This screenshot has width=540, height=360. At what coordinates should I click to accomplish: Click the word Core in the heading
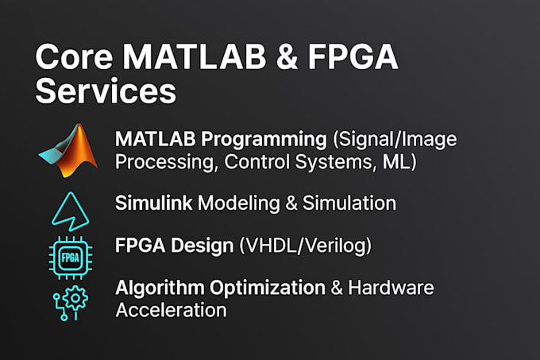[70, 57]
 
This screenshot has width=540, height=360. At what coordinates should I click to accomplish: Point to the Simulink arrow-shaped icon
[68, 210]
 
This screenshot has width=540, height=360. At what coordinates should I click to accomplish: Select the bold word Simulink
[153, 203]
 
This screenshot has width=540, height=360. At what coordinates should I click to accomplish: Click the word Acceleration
[171, 309]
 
